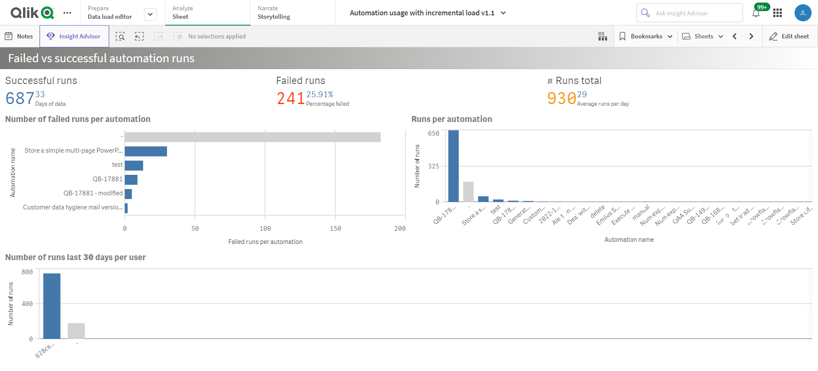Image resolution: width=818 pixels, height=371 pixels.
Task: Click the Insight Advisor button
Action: coord(74,36)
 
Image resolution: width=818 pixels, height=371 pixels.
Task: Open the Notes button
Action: coord(19,36)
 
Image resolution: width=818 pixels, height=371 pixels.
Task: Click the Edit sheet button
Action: coord(789,36)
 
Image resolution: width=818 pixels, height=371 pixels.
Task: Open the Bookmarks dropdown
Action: coord(646,36)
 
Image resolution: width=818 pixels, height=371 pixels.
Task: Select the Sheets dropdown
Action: coord(703,36)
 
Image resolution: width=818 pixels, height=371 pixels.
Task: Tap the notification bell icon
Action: coord(756,13)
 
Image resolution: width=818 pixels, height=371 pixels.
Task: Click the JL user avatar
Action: coord(803,13)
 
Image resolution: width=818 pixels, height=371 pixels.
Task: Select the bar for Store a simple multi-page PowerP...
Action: coord(146,151)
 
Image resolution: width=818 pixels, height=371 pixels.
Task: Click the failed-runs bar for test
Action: coord(134,165)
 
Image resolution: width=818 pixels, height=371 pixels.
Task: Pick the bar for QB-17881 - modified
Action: coord(128,194)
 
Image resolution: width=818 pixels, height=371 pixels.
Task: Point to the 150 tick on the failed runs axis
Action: coord(335,229)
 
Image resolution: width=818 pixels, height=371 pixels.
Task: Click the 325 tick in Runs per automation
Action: coord(433,166)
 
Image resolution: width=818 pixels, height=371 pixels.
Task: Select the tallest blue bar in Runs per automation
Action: coord(453,166)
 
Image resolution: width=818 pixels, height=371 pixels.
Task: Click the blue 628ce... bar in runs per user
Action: coord(52,306)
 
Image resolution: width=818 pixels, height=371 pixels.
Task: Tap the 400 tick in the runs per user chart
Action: coord(27,304)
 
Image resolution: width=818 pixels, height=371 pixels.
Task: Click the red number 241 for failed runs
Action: coord(291,99)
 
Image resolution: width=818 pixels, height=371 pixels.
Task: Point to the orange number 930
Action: coord(562,99)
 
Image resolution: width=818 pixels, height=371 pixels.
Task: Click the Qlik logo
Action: coord(32,13)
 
